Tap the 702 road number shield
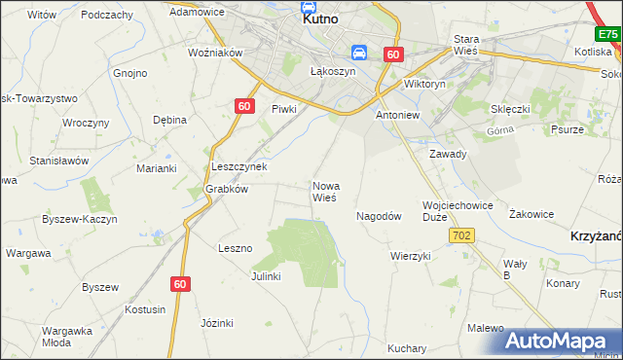pyautogui.click(x=461, y=236)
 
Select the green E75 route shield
pyautogui.click(x=608, y=34)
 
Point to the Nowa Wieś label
pyautogui.click(x=324, y=191)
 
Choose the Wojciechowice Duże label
pyautogui.click(x=458, y=211)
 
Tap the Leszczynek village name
pyautogui.click(x=239, y=166)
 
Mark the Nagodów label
pyautogui.click(x=380, y=216)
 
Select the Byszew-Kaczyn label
pyautogui.click(x=80, y=219)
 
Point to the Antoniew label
pyautogui.click(x=397, y=115)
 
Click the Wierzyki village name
pyautogui.click(x=410, y=256)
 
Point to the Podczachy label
pyautogui.click(x=107, y=15)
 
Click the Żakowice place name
pyautogui.click(x=531, y=214)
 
